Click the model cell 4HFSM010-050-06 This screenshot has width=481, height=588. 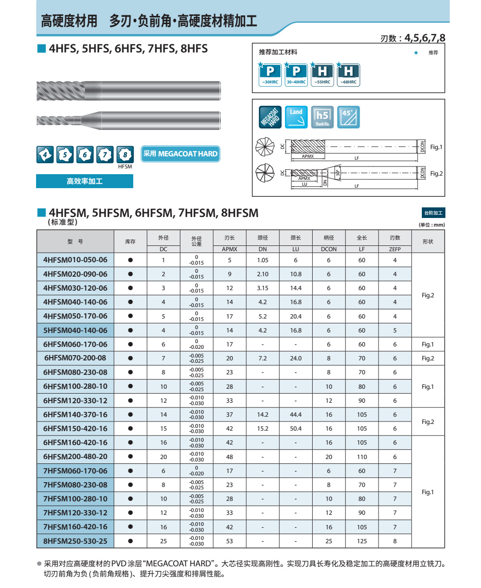75,260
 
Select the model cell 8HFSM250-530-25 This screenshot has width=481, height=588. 75,541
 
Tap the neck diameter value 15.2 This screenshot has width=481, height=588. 263,428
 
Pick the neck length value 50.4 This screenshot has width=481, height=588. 296,428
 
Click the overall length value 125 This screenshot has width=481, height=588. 362,541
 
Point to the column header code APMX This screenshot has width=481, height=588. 229,249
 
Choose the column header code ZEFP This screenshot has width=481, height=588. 395,249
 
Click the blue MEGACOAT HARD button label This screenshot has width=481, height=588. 180,153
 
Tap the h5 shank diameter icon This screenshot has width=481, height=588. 322,117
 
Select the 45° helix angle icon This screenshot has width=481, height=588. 348,117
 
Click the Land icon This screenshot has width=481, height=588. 296,117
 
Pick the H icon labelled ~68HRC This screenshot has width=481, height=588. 348,74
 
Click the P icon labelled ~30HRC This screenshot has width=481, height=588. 270,74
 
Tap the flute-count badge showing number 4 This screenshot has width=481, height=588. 45,154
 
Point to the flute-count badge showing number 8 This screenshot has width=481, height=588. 125,154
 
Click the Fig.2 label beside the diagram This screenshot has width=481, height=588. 436,173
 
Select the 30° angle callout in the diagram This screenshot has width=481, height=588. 338,172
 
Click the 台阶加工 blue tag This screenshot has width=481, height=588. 433,213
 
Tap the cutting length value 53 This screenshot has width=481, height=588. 229,541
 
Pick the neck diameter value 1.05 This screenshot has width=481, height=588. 263,260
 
